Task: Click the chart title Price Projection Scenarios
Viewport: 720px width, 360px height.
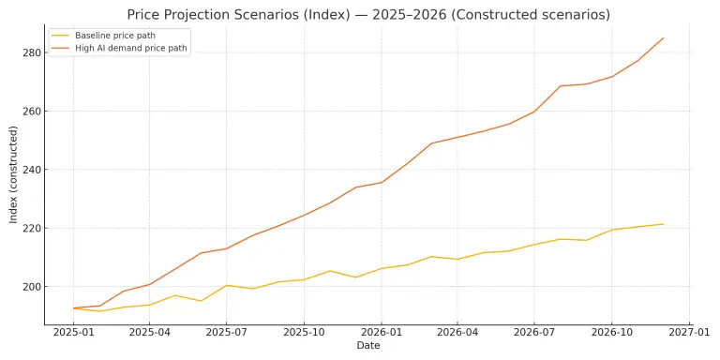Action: click(367, 15)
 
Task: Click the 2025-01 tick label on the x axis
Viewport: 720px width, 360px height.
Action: click(73, 332)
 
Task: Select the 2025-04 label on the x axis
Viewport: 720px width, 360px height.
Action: click(149, 332)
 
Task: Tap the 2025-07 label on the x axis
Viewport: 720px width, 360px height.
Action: click(226, 332)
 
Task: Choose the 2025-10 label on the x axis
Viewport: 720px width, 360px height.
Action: click(303, 332)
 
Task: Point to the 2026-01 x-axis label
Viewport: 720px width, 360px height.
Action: click(381, 332)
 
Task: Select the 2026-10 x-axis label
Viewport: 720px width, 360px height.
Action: click(610, 332)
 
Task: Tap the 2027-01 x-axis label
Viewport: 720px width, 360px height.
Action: click(687, 332)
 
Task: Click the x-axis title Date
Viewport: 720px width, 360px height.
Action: click(367, 346)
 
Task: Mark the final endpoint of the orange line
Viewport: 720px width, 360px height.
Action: click(664, 37)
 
